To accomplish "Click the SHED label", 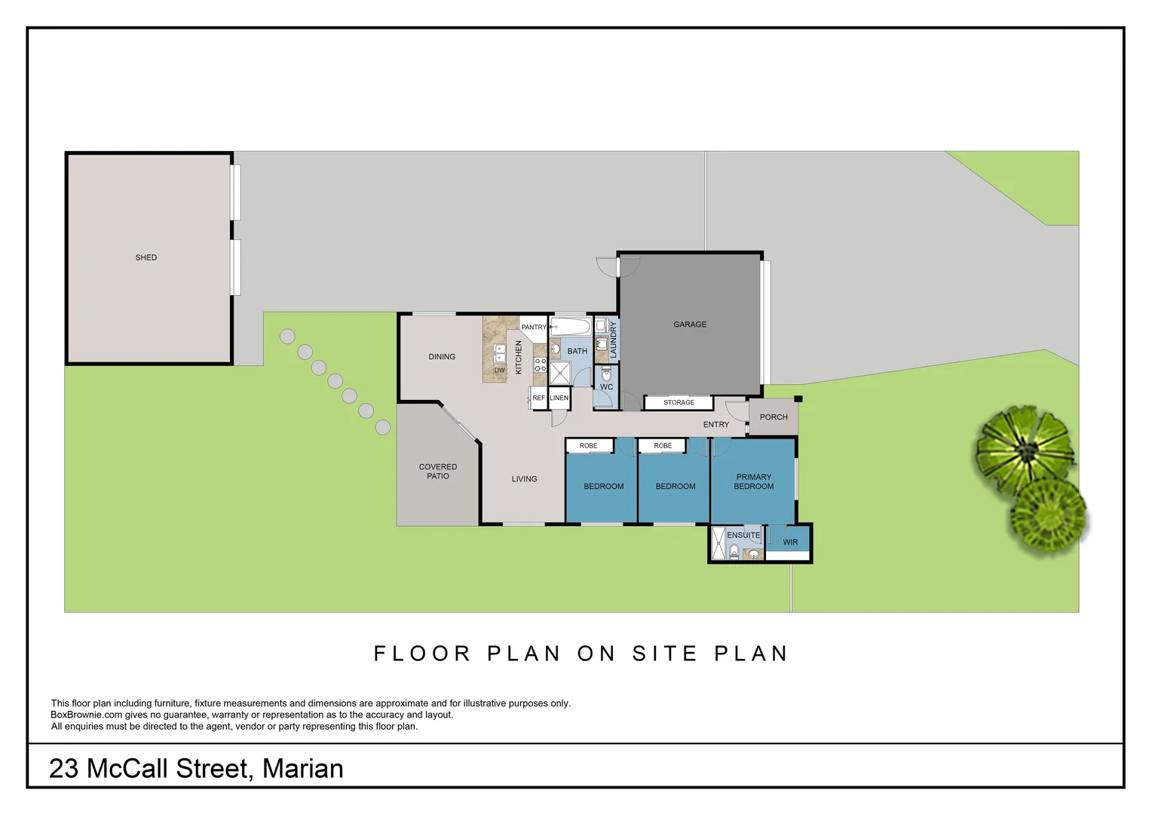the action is [146, 257].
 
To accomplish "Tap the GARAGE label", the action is [690, 324].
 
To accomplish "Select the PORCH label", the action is [774, 417].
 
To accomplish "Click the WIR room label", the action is [790, 542].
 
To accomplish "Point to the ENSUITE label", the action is [743, 536].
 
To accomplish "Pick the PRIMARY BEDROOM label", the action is [753, 481].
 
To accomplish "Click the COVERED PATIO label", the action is [438, 471].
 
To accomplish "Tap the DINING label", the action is [442, 356].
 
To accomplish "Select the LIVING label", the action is [524, 478].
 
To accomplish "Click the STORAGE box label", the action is [679, 403].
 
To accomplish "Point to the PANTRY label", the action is [533, 327].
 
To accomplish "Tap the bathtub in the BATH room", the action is [570, 327].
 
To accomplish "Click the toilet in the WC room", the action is [606, 374].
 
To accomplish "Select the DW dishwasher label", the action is [499, 371].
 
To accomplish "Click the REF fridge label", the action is [538, 398].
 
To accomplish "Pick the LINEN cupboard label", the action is [559, 398].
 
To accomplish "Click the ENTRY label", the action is [716, 425].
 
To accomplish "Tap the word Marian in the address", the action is [302, 769].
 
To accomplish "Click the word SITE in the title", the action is [664, 654].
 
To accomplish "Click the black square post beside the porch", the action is [798, 399].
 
